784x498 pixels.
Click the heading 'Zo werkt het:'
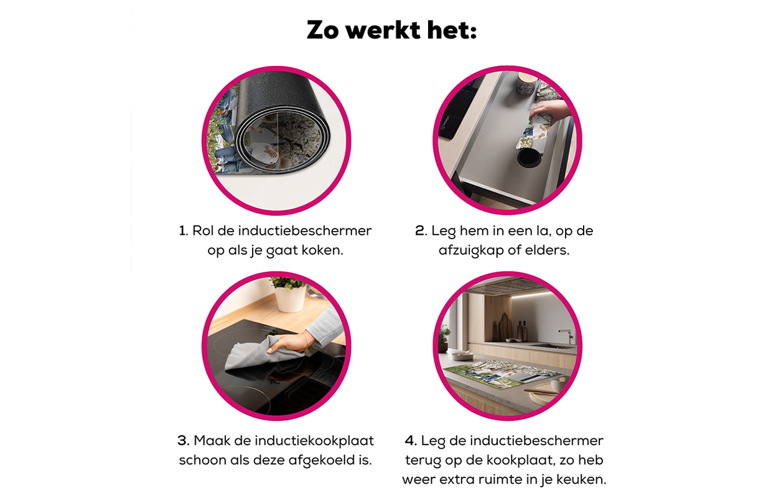[391, 30]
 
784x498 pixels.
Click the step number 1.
[183, 231]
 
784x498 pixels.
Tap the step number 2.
[420, 231]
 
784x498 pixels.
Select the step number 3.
[183, 441]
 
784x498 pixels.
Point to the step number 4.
[410, 441]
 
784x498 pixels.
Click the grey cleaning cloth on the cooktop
[249, 355]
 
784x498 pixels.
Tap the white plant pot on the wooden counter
[291, 299]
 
